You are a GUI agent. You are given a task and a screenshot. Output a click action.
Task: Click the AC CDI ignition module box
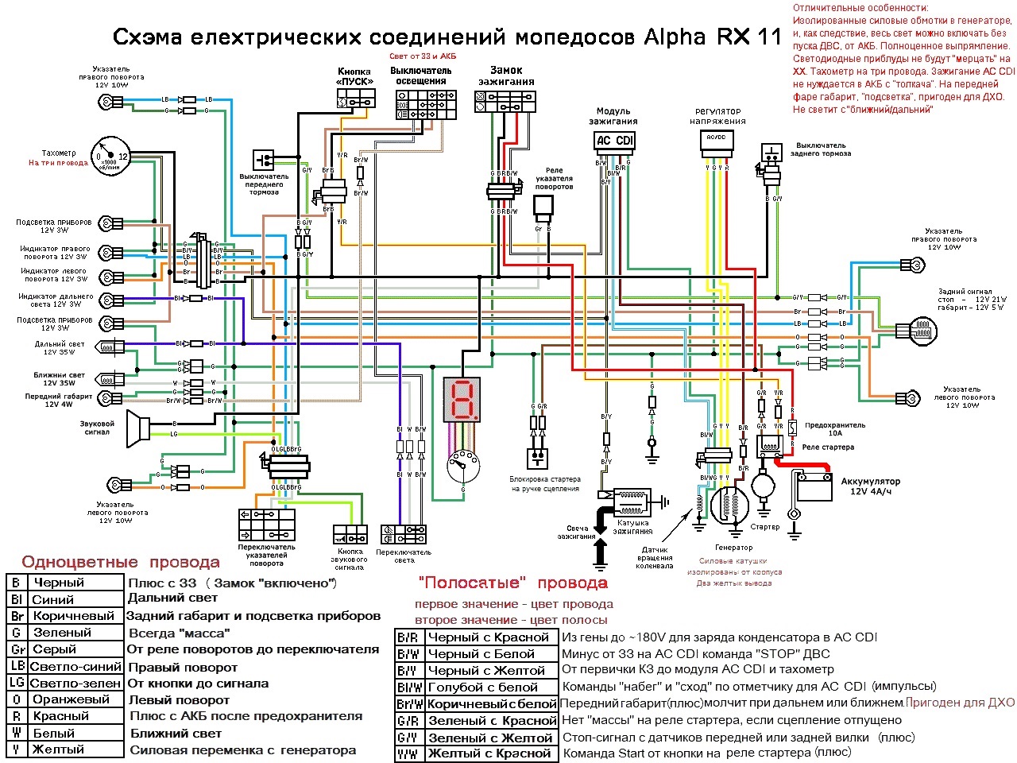[614, 141]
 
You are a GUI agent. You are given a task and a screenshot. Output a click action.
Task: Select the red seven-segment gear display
[462, 398]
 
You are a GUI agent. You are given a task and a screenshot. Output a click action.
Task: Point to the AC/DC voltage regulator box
[716, 141]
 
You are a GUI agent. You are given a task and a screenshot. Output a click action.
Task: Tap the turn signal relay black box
[544, 207]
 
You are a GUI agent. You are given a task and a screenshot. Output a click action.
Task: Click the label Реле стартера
[828, 447]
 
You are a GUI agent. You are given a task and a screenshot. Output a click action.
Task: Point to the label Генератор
[733, 547]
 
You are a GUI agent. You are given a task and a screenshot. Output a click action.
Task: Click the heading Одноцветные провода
[121, 563]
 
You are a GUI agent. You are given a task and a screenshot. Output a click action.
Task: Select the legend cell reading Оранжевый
[72, 699]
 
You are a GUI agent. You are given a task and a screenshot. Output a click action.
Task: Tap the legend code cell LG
[17, 683]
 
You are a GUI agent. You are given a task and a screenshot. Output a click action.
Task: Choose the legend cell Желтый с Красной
[489, 753]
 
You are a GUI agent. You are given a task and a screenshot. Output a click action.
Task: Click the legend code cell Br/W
[409, 703]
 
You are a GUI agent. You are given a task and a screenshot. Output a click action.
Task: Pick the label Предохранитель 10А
[834, 429]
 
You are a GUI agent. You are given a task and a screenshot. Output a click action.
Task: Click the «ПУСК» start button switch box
[354, 99]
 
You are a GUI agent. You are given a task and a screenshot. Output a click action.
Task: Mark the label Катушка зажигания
[633, 527]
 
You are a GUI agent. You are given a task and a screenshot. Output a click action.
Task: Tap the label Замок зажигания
[506, 76]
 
